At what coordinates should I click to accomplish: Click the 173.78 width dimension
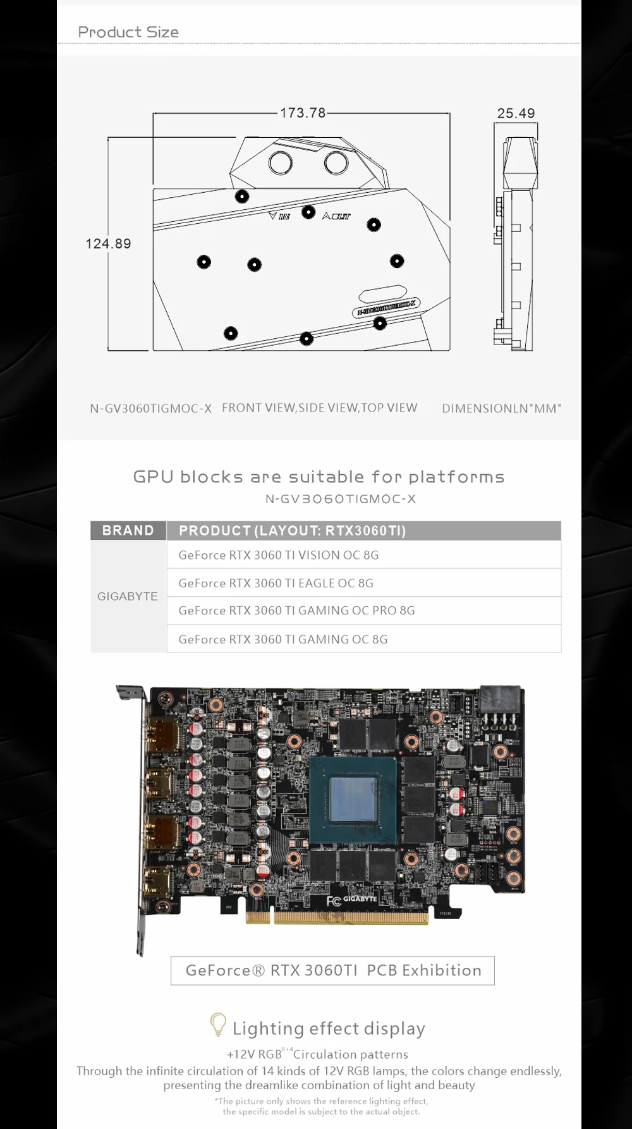click(x=303, y=113)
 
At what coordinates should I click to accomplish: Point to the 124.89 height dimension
click(x=108, y=243)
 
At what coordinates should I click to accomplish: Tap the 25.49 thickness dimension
click(x=516, y=113)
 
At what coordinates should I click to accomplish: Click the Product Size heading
click(x=128, y=32)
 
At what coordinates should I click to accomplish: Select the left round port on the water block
click(x=281, y=162)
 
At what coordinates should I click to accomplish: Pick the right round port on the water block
click(x=336, y=162)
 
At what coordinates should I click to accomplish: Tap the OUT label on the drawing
click(x=336, y=216)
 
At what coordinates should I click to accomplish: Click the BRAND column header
click(x=128, y=530)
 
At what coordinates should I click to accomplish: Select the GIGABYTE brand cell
click(x=128, y=596)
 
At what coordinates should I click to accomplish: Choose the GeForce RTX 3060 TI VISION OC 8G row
click(x=279, y=555)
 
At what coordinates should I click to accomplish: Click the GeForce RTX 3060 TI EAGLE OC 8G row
click(x=276, y=583)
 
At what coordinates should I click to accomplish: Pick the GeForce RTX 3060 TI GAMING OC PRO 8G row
click(x=296, y=611)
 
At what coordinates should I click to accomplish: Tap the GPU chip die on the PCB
click(x=353, y=800)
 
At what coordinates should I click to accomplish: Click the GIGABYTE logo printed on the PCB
click(x=360, y=899)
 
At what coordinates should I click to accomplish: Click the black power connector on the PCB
click(x=502, y=700)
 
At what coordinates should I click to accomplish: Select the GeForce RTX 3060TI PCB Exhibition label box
click(x=332, y=970)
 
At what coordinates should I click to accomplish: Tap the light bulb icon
click(x=217, y=1024)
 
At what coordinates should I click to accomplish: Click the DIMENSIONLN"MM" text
click(x=501, y=408)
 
